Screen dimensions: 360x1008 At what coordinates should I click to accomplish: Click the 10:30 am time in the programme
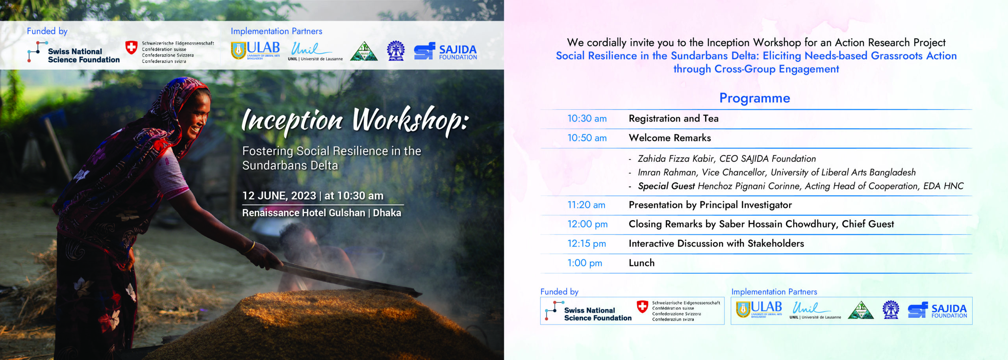[x=587, y=119]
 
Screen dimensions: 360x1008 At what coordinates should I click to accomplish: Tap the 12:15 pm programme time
[x=586, y=244]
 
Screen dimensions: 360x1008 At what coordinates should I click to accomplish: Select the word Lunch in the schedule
[x=641, y=263]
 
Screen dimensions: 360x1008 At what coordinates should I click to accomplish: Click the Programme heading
[x=754, y=98]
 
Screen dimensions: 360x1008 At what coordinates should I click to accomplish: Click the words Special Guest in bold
[x=666, y=186]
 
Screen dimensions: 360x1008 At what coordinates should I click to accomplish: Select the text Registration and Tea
[x=673, y=119]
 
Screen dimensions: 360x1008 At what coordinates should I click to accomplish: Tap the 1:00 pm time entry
[x=584, y=263]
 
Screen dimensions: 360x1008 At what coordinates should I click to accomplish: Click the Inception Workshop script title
[x=355, y=120]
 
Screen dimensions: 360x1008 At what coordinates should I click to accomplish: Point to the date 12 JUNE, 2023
[x=279, y=196]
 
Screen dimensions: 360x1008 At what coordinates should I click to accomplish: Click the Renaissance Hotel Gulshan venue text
[x=304, y=213]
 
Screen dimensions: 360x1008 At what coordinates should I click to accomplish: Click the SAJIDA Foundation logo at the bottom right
[x=937, y=311]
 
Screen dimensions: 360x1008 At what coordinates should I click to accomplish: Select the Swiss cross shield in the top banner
[x=131, y=48]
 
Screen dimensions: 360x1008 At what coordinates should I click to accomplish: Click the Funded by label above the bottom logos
[x=559, y=292]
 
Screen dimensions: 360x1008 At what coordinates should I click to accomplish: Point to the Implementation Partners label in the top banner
[x=276, y=32]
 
